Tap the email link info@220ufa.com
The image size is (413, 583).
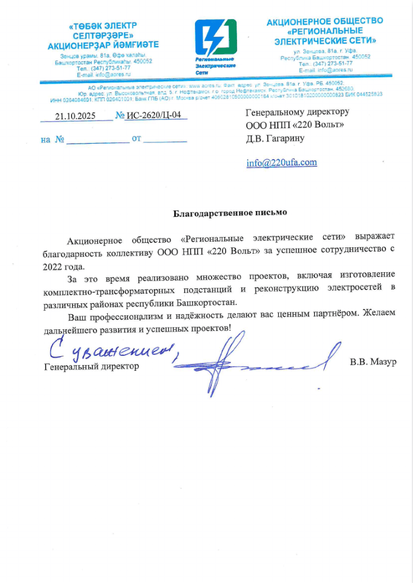point(281,163)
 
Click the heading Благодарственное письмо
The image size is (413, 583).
point(230,213)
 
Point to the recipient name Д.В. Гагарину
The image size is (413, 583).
point(275,138)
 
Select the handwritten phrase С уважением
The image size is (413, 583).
point(110,348)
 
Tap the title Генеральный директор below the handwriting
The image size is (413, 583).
point(92,367)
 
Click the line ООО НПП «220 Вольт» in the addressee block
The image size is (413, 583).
point(295,125)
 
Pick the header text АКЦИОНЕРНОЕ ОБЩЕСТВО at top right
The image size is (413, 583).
point(325,22)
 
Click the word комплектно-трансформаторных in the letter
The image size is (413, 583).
point(106,288)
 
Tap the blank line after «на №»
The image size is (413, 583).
point(97,140)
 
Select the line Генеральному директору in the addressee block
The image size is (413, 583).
point(298,112)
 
